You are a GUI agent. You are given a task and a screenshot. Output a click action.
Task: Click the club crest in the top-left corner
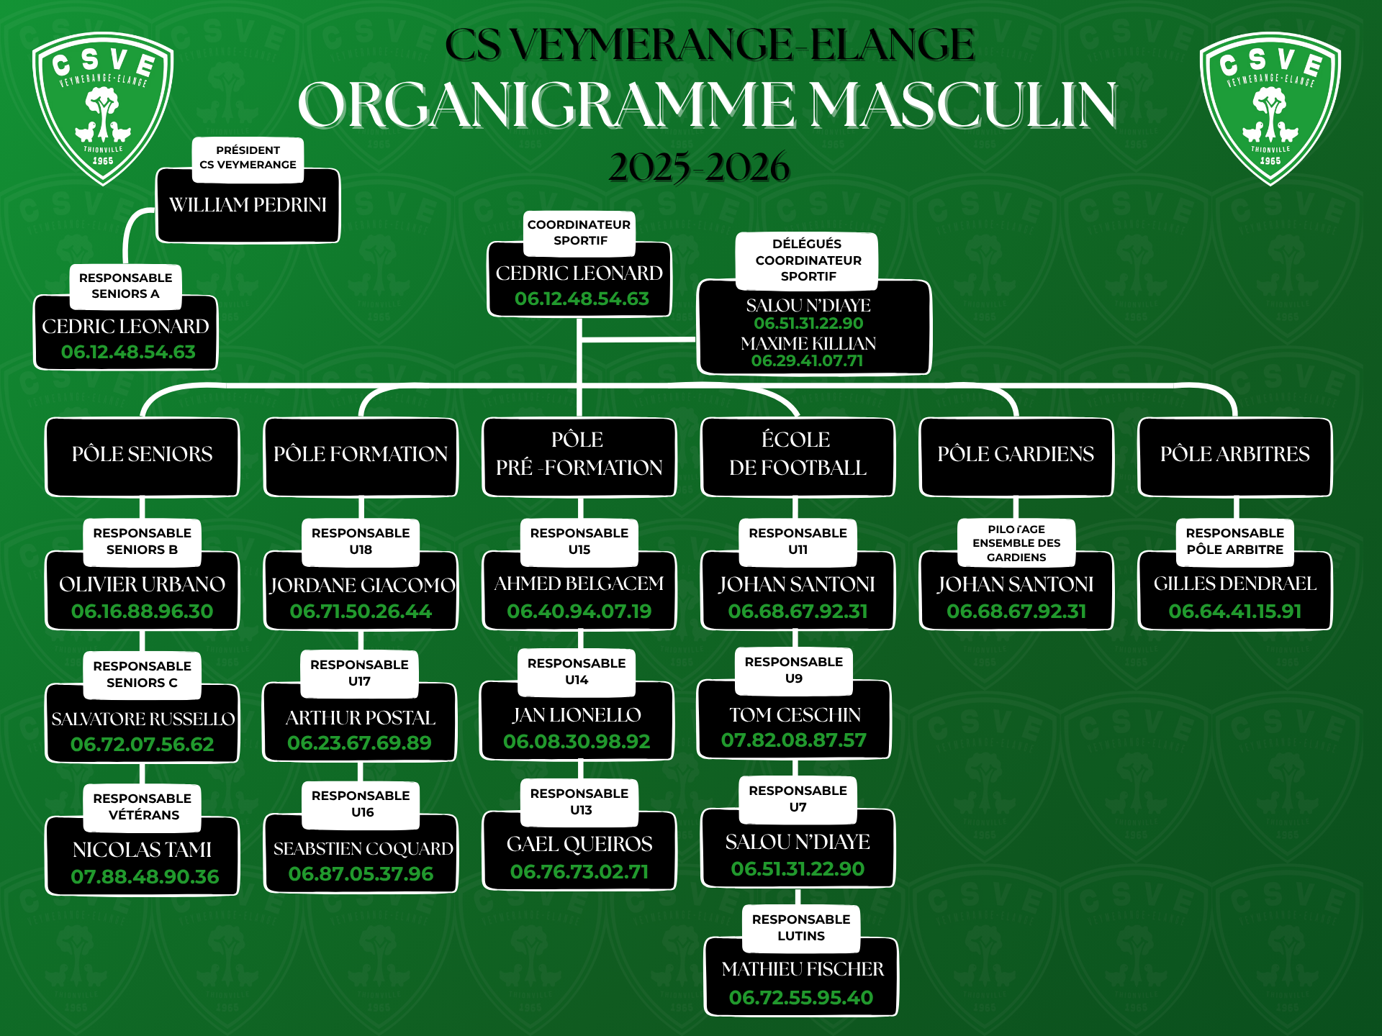point(103,108)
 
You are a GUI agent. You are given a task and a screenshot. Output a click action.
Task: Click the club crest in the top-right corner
point(1270,108)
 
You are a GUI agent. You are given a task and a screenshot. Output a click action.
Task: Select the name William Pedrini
point(248,205)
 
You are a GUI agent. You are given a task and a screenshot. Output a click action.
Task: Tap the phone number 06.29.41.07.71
point(807,361)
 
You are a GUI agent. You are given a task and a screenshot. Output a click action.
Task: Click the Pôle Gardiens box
point(1016,455)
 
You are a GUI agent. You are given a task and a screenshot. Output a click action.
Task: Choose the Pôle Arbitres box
point(1234,455)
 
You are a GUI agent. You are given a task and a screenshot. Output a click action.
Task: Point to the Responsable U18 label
point(361,541)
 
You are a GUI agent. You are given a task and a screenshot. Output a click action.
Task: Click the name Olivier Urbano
point(143,584)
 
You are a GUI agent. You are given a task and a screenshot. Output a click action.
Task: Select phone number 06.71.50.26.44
point(361,612)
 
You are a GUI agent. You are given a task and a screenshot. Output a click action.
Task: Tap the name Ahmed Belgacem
point(579,583)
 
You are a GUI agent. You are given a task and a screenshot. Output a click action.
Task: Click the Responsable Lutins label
point(801,927)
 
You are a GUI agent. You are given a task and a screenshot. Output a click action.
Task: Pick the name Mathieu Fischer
point(803,970)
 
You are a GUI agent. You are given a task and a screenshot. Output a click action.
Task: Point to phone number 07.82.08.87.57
point(794,740)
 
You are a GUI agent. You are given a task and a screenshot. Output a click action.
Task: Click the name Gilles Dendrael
point(1235,583)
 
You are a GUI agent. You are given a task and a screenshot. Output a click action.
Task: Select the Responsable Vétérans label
point(143,806)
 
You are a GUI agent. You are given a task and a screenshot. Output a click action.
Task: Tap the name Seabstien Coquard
point(363,849)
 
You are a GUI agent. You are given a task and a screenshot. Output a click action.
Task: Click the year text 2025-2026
point(699,167)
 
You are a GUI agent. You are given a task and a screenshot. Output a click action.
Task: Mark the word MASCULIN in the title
point(964,105)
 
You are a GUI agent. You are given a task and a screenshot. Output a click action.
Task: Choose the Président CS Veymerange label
point(248,158)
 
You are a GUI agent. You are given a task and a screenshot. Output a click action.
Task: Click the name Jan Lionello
point(577,715)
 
